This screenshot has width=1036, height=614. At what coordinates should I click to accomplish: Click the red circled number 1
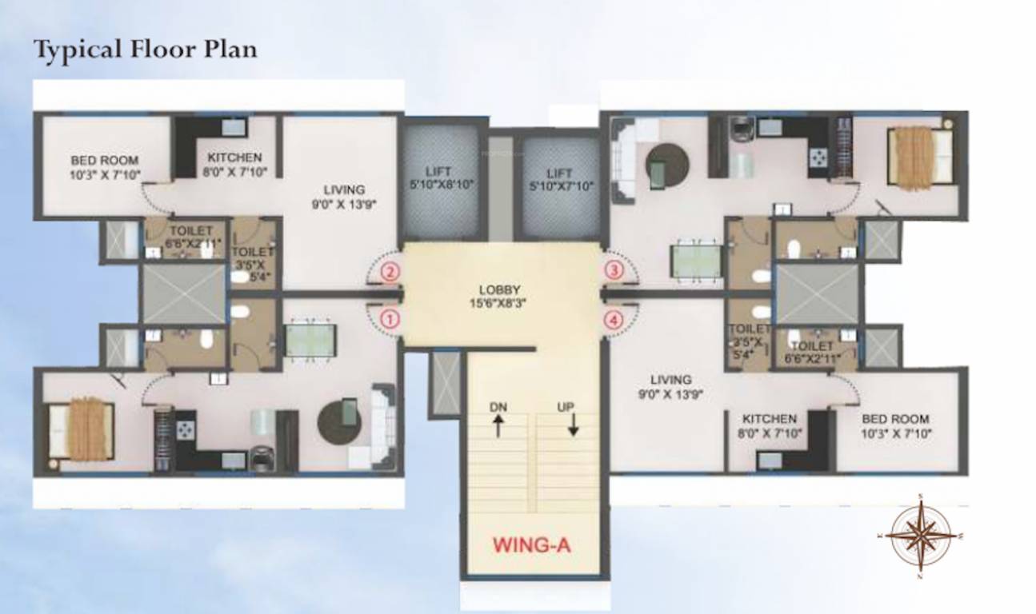390,318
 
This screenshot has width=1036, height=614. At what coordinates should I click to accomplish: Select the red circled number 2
390,272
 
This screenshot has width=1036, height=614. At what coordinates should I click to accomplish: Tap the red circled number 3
614,270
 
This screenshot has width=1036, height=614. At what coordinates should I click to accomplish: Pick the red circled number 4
614,320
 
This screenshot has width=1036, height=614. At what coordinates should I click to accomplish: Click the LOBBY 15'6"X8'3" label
500,296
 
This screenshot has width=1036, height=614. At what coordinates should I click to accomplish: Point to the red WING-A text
531,546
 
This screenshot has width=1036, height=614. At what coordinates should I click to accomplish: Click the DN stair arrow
498,421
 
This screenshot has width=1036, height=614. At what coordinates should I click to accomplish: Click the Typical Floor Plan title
145,50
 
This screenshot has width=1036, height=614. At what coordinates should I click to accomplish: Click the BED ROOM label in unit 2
105,166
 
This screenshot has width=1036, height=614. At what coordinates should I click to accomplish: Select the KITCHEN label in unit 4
769,425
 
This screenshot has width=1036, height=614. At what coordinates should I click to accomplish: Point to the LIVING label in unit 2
344,196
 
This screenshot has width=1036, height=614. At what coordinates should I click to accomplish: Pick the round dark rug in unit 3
667,164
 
